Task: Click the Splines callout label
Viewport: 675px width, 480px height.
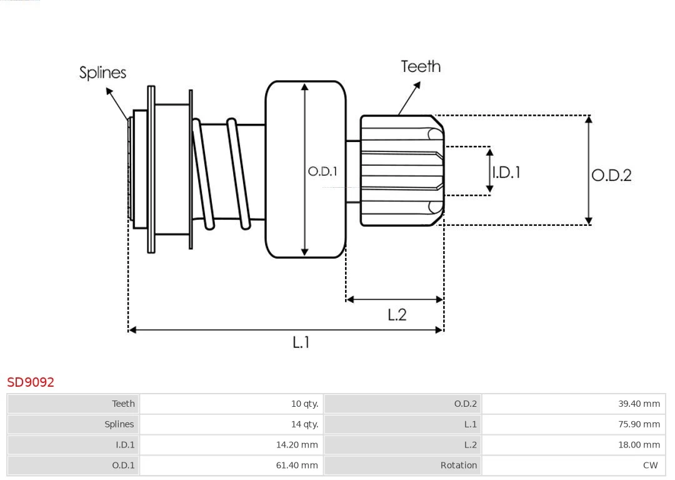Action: click(102, 73)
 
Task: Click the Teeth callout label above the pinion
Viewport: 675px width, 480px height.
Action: click(421, 66)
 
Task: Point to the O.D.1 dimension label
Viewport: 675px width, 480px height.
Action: click(322, 171)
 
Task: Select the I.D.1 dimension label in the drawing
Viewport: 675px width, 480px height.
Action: click(506, 172)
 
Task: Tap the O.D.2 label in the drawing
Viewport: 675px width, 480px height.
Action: click(611, 175)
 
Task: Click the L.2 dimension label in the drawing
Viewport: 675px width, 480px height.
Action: click(397, 314)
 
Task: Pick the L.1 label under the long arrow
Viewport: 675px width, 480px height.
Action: click(301, 342)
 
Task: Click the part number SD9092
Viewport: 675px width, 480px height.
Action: click(31, 382)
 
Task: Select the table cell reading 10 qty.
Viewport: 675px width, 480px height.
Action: click(304, 404)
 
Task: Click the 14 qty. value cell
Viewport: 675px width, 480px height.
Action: click(304, 424)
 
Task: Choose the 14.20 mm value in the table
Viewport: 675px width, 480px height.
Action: click(297, 445)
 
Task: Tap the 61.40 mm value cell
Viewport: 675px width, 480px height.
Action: click(297, 466)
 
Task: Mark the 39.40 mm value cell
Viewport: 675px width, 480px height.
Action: click(639, 404)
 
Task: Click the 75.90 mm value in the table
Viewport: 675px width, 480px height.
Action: click(639, 424)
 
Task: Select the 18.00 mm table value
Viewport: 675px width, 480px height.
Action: click(639, 445)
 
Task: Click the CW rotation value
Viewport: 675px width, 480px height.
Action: click(650, 466)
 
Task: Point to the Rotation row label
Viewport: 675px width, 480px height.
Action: click(458, 466)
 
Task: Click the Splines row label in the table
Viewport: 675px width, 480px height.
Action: click(119, 424)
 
